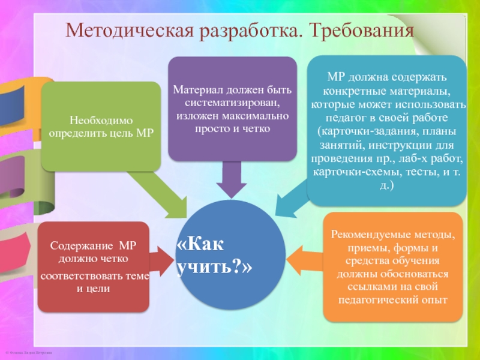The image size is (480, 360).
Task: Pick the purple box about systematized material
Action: tap(232, 109)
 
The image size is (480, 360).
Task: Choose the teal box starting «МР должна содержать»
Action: tap(387, 128)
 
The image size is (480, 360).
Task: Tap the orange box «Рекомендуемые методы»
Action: tap(394, 266)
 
